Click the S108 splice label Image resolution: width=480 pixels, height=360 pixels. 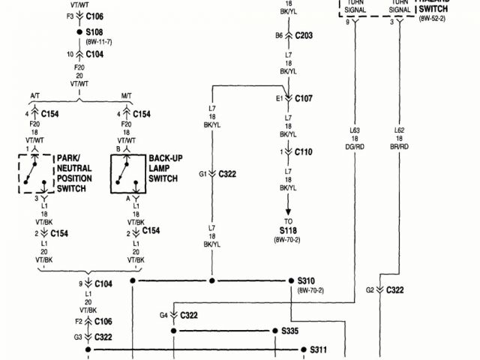pos(95,33)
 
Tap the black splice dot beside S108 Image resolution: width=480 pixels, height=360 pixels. pos(79,33)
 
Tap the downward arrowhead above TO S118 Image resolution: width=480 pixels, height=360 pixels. pos(289,199)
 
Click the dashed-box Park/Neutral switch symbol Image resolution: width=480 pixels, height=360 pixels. pos(34,173)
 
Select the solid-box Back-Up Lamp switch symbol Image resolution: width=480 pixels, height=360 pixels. pos(126,173)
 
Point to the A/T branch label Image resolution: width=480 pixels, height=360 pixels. pos(35,94)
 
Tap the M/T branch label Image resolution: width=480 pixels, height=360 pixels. pos(127,94)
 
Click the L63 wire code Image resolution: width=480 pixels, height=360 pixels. pos(355,130)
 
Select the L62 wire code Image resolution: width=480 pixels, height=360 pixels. pos(400,130)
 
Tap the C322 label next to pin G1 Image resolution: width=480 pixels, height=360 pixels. pos(227,174)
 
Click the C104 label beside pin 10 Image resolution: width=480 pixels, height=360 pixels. pos(95,54)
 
